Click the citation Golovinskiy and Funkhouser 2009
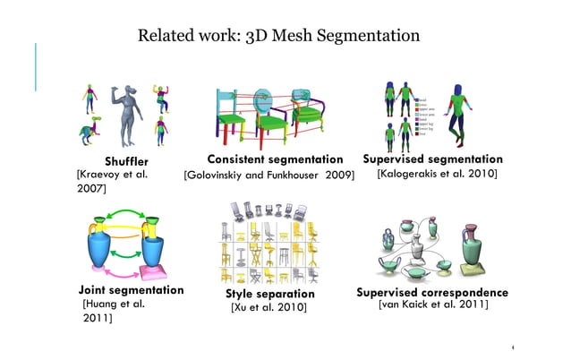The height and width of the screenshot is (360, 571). pyautogui.click(x=268, y=174)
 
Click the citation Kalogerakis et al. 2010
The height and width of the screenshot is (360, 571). pyautogui.click(x=437, y=173)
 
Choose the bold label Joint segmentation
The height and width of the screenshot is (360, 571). pyautogui.click(x=131, y=291)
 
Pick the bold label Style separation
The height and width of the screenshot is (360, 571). pyautogui.click(x=269, y=294)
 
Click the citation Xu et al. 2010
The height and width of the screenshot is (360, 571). pyautogui.click(x=268, y=308)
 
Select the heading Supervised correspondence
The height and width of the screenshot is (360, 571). pyautogui.click(x=432, y=293)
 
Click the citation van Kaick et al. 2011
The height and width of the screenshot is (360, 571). pyautogui.click(x=433, y=306)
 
